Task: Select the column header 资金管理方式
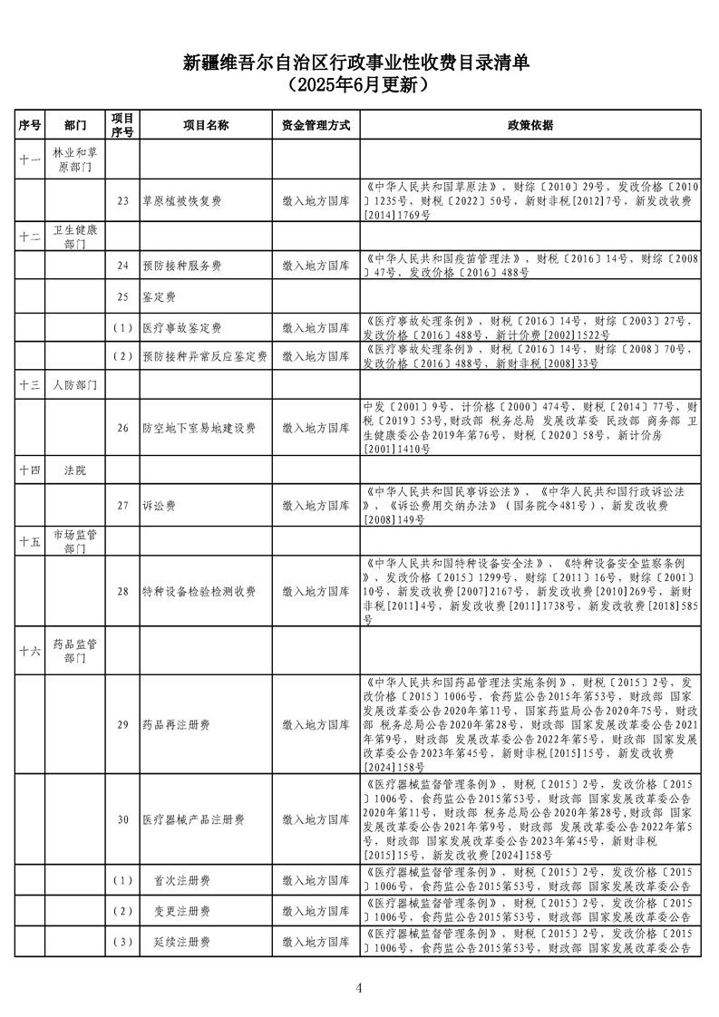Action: click(316, 125)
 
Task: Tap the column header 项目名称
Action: click(206, 125)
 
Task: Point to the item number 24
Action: click(123, 266)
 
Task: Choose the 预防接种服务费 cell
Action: click(182, 266)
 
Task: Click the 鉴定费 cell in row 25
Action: click(160, 296)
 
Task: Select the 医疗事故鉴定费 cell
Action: click(182, 327)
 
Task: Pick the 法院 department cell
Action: click(75, 471)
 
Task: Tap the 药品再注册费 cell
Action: click(177, 725)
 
